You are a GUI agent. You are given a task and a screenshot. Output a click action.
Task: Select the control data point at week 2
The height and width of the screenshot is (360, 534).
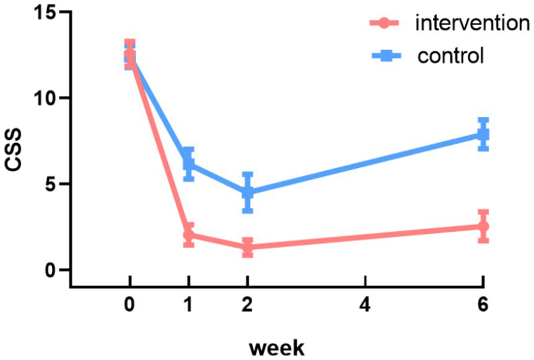[x=247, y=192]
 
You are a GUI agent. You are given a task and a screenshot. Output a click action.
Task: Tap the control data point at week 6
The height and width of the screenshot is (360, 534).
[x=483, y=134]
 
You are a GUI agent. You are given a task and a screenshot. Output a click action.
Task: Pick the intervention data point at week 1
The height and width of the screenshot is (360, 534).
[x=189, y=235]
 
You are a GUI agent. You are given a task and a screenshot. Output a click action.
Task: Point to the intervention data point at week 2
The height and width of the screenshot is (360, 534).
[x=247, y=247]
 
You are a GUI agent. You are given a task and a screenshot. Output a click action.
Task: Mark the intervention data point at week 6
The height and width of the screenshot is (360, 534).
[x=483, y=226]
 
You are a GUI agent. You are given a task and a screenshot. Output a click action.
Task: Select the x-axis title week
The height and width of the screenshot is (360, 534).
[x=277, y=347]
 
